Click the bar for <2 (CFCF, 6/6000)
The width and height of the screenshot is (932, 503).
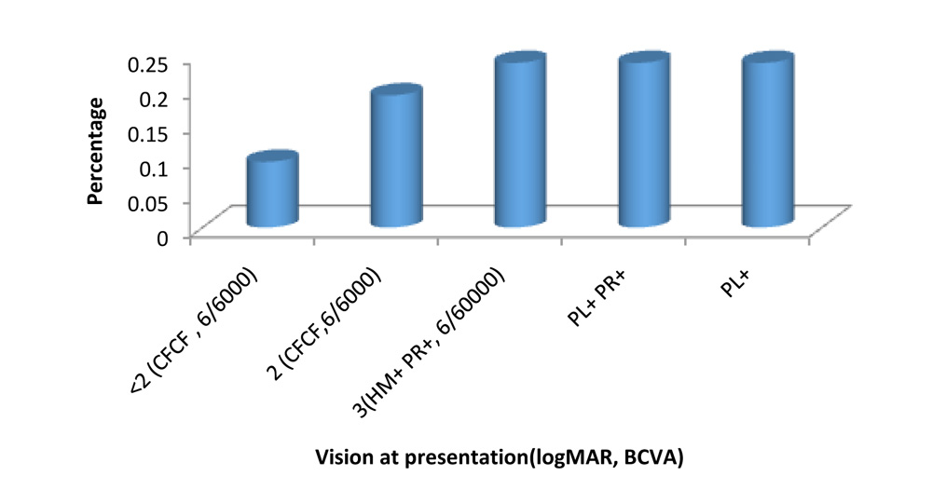click(272, 191)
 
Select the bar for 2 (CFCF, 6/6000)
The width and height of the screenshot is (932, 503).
click(395, 158)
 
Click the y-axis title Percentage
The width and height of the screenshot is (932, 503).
click(96, 151)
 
